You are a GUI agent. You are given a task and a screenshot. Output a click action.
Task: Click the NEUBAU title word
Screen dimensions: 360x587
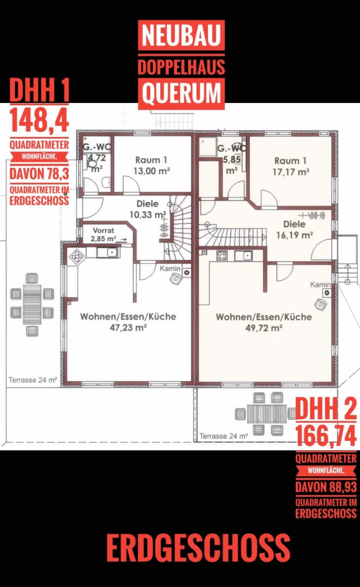[181, 35]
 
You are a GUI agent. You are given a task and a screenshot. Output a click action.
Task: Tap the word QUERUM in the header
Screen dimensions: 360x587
[182, 94]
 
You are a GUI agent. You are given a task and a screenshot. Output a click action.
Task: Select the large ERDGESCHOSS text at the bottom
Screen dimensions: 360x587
[198, 547]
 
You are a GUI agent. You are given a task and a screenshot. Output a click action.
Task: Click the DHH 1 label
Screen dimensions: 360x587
[39, 90]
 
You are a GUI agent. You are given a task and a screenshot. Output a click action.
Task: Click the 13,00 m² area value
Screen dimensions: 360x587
[152, 171]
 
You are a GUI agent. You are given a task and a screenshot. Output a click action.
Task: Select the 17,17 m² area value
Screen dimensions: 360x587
[291, 172]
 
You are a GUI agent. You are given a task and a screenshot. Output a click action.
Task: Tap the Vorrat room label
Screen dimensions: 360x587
[103, 230]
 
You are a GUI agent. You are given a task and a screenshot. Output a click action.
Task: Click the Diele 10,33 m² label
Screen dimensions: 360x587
[148, 209]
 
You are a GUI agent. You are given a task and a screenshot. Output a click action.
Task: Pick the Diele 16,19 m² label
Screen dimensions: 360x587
[295, 229]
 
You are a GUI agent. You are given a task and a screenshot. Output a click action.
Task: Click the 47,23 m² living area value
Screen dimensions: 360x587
[128, 327]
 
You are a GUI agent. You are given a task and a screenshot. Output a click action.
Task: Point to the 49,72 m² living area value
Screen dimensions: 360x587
[264, 328]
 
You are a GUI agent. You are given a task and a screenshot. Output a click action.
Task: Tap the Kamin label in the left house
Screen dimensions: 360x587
[170, 268]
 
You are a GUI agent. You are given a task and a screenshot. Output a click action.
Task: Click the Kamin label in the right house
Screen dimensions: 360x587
[320, 284]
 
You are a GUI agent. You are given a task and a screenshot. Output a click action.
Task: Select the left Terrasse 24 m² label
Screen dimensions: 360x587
[33, 380]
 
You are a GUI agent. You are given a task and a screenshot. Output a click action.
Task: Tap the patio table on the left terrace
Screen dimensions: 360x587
[32, 305]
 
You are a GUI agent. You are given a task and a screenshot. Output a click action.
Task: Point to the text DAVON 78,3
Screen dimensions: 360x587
[39, 173]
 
